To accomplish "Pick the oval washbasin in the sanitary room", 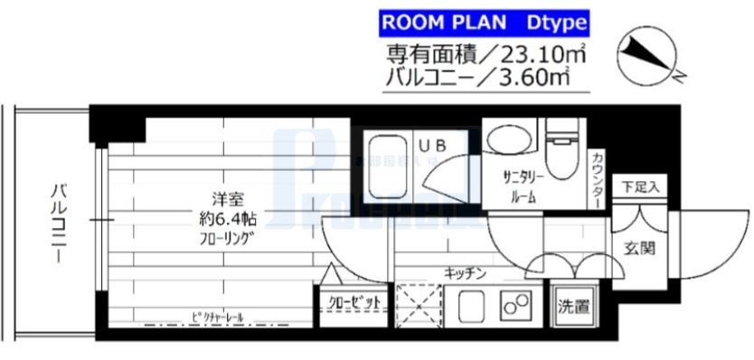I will tap(503, 138).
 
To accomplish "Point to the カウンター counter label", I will tap(597, 180).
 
